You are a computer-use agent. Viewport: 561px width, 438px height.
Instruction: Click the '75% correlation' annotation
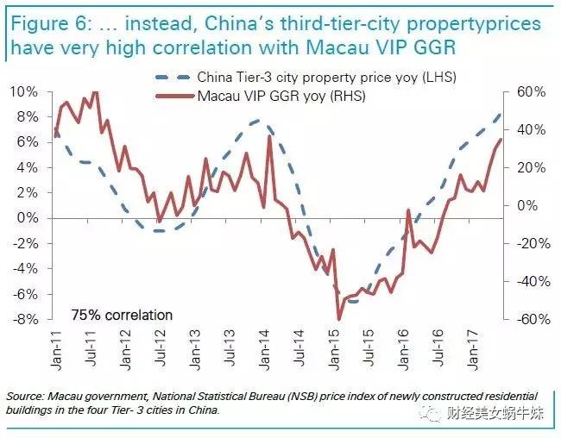click(122, 315)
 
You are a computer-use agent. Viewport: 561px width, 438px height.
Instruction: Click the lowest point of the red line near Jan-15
click(339, 319)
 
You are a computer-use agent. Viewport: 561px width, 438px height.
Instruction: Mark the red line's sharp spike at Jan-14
click(270, 136)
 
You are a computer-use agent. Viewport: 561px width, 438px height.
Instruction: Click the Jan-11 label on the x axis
click(55, 349)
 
